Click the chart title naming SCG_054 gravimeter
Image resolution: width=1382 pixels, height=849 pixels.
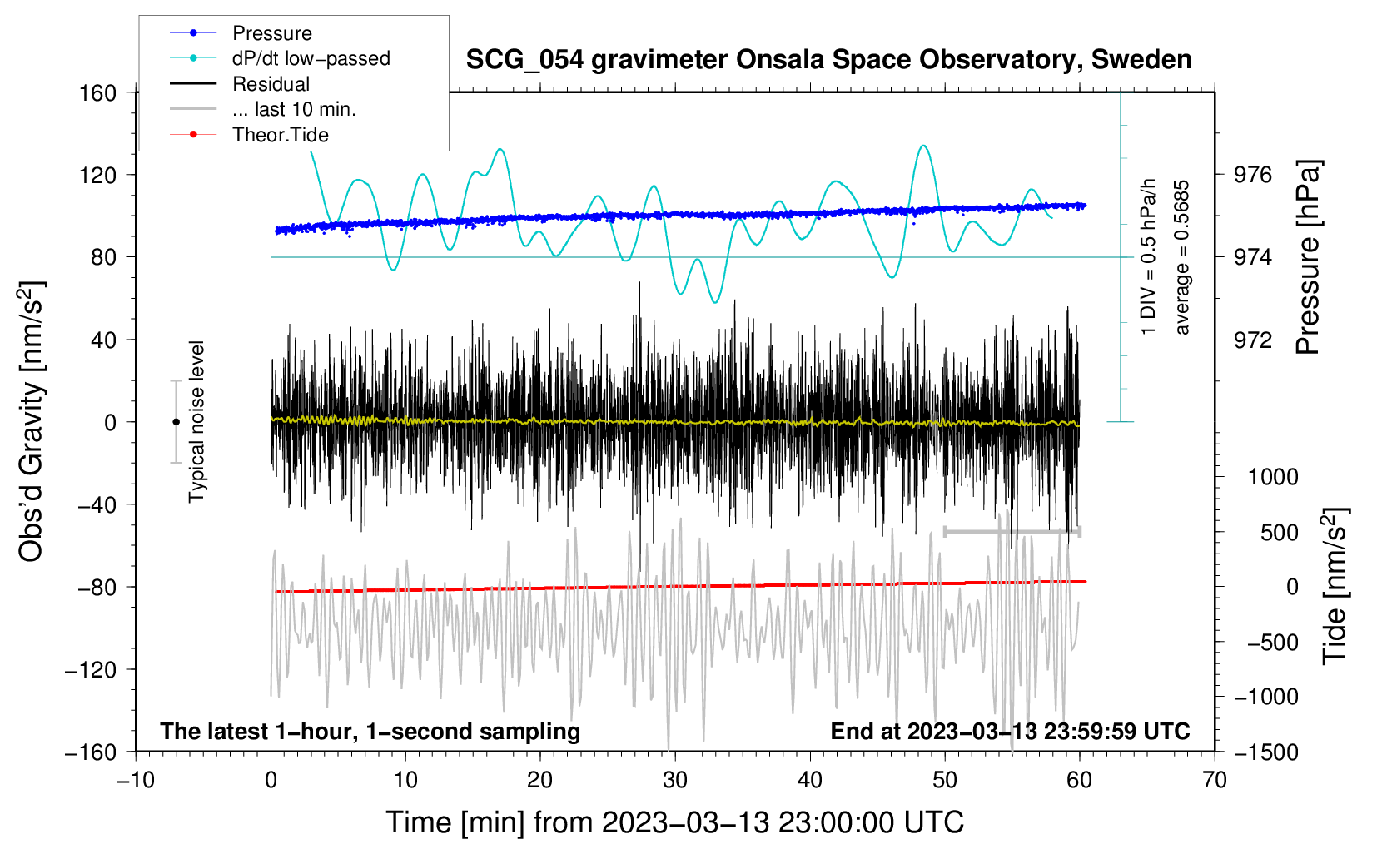(828, 60)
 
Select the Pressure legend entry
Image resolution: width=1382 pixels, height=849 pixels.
(271, 33)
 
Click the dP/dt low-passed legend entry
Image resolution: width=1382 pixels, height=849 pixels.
(311, 58)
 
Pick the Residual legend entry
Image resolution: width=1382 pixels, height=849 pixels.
(271, 84)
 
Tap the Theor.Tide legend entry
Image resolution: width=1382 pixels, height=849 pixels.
(280, 135)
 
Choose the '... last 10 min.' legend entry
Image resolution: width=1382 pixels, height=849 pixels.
(294, 109)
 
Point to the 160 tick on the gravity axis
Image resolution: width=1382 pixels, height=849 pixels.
(97, 92)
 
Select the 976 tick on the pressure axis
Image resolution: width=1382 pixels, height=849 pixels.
(1253, 175)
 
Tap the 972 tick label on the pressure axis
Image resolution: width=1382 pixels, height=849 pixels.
(1253, 340)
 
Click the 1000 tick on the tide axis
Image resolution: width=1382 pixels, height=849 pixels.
(1272, 477)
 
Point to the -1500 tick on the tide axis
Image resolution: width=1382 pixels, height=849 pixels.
(1265, 752)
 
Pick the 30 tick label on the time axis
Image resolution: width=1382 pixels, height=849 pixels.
(675, 780)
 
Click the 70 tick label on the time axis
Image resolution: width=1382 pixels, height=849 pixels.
(1215, 780)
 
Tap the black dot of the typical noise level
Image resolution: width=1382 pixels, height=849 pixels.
(176, 422)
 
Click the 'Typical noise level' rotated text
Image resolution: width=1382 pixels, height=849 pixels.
(196, 421)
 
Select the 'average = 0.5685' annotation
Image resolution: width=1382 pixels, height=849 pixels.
(1181, 257)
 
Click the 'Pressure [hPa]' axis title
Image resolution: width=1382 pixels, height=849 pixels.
(1308, 257)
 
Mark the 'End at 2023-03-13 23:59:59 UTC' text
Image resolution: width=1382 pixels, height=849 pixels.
(1010, 732)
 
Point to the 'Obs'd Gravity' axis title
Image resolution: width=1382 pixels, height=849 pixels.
(31, 421)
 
